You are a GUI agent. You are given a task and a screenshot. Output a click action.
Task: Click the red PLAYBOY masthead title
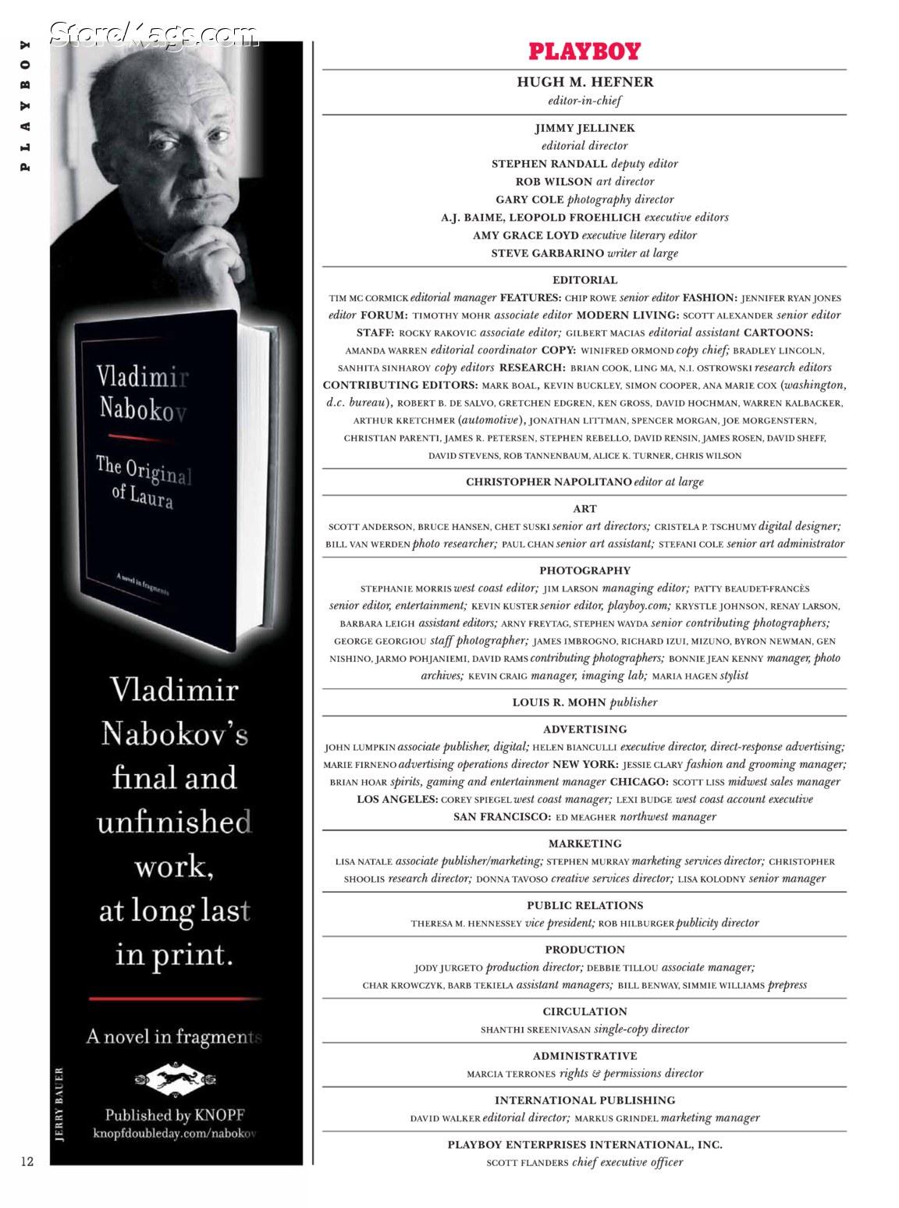tap(585, 52)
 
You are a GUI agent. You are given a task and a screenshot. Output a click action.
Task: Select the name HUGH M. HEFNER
tap(585, 82)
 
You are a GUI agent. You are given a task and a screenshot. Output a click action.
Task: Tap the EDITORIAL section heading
tap(585, 280)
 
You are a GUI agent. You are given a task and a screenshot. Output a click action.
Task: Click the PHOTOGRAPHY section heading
tap(585, 570)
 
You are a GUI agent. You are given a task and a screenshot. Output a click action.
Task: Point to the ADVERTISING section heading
tap(585, 730)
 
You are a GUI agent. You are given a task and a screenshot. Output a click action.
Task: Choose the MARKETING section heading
tap(585, 844)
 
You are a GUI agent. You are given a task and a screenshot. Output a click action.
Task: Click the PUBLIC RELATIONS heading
tap(585, 905)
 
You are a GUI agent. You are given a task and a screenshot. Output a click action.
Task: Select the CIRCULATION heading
tap(585, 1011)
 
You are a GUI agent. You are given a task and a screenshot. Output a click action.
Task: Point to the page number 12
tap(27, 1161)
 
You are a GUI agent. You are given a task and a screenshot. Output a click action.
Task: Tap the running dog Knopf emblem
tap(175, 1080)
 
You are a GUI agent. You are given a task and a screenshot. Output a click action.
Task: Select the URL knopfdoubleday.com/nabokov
tap(175, 1132)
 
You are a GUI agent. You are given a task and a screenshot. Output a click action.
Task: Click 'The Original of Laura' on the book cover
tap(143, 482)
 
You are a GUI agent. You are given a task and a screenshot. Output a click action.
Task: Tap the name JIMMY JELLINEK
tap(585, 128)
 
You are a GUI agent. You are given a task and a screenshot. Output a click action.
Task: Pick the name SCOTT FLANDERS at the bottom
tap(528, 1163)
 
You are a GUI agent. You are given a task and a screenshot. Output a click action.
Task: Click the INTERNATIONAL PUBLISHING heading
tap(585, 1100)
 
